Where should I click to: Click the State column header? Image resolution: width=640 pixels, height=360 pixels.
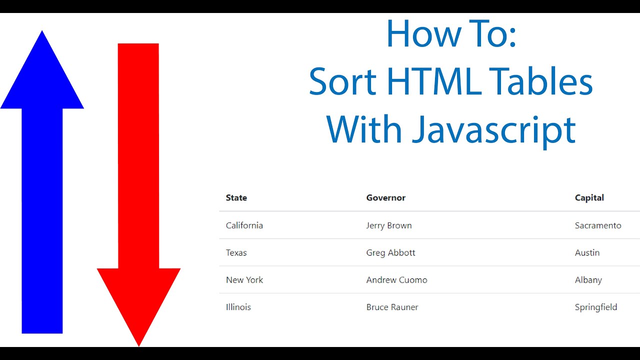click(x=236, y=198)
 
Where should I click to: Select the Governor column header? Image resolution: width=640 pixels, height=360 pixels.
click(x=386, y=198)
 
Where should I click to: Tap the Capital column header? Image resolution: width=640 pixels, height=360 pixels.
click(x=589, y=198)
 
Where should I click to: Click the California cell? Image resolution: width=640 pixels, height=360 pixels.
click(x=244, y=225)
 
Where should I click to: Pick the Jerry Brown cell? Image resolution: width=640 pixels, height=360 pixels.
click(x=389, y=225)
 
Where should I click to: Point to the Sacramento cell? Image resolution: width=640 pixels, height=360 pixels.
click(x=598, y=225)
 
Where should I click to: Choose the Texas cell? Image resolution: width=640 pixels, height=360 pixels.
click(x=236, y=252)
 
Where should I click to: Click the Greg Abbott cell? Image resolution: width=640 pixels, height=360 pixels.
click(x=391, y=252)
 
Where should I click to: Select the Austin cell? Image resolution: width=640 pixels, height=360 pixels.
click(x=587, y=252)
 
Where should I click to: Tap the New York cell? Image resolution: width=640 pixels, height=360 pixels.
click(x=244, y=280)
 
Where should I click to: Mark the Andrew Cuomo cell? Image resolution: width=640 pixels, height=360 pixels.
click(x=397, y=280)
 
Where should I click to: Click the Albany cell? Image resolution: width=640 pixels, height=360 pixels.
click(x=588, y=280)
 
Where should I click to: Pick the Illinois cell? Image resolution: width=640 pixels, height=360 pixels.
click(x=238, y=307)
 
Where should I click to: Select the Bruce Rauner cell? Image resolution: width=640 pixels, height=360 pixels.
click(x=392, y=307)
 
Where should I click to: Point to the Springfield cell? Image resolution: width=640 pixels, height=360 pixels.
click(x=596, y=307)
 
